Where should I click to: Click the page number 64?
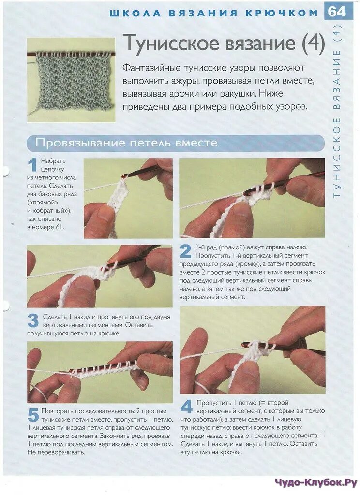[x=337, y=12]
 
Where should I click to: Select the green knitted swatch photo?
[x=71, y=80]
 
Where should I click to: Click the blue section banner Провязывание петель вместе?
[x=176, y=143]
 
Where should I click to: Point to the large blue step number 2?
[x=185, y=251]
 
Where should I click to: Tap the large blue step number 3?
[x=33, y=321]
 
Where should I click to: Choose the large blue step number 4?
[x=186, y=407]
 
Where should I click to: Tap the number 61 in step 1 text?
[x=60, y=227]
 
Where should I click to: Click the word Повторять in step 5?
[x=59, y=411]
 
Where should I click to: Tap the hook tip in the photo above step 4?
[x=244, y=344]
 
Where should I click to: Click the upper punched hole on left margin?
[x=4, y=170]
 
